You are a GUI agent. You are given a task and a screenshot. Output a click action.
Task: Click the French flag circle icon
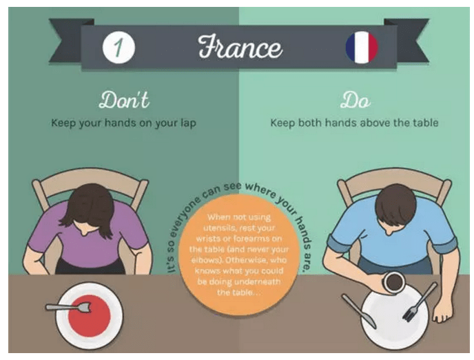pyautogui.click(x=362, y=48)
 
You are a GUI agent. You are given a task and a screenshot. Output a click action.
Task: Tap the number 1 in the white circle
pyautogui.click(x=118, y=47)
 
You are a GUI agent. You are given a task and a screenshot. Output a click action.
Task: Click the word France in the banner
pyautogui.click(x=240, y=47)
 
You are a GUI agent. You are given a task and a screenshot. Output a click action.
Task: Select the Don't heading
pyautogui.click(x=124, y=100)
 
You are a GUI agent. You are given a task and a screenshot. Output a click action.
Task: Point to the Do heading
pyautogui.click(x=355, y=100)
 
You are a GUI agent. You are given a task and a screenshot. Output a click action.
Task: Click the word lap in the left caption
pyautogui.click(x=187, y=123)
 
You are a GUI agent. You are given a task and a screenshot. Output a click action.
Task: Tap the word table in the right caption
pyautogui.click(x=425, y=123)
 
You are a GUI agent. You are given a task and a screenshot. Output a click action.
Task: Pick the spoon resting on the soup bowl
pyautogui.click(x=69, y=308)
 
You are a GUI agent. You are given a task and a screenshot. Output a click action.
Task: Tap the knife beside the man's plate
pyautogui.click(x=359, y=311)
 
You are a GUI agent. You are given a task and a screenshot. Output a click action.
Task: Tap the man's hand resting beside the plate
pyautogui.click(x=442, y=312)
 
